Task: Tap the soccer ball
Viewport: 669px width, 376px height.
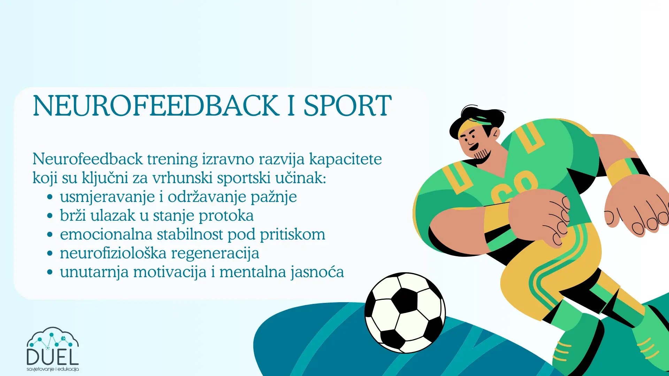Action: (405, 312)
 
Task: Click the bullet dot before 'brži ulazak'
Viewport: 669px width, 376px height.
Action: (50, 216)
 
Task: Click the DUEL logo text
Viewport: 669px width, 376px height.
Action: (53, 357)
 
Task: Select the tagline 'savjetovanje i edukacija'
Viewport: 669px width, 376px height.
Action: (53, 369)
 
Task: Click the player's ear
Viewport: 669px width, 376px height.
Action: (495, 133)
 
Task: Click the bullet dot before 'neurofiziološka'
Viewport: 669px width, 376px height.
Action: (50, 253)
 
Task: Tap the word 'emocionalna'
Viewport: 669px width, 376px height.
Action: (106, 234)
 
